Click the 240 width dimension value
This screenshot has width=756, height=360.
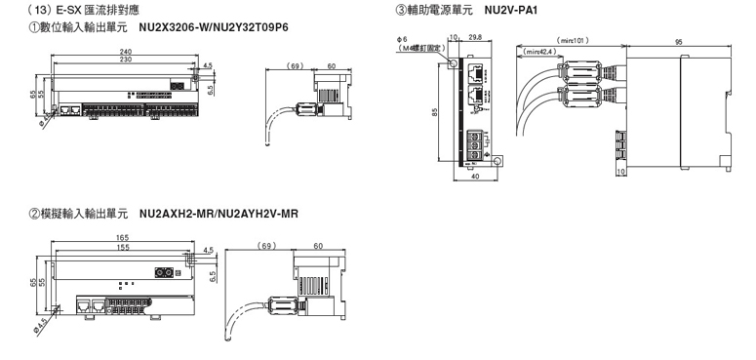point(125,52)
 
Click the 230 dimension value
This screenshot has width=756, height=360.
point(125,59)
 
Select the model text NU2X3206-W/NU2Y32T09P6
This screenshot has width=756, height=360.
point(214,27)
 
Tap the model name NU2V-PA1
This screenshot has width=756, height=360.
point(511,10)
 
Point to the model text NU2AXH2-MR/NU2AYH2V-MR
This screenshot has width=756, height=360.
point(219,214)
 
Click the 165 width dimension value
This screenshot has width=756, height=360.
point(123,238)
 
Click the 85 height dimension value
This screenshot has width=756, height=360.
point(435,113)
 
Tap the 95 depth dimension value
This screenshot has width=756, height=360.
point(678,42)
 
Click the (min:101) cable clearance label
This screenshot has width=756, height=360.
point(573,41)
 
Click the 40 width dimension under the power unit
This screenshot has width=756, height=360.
point(475,177)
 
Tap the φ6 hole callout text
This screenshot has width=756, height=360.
point(402,39)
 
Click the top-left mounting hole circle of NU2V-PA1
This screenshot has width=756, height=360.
point(454,63)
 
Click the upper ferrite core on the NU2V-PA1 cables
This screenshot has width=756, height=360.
point(580,71)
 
